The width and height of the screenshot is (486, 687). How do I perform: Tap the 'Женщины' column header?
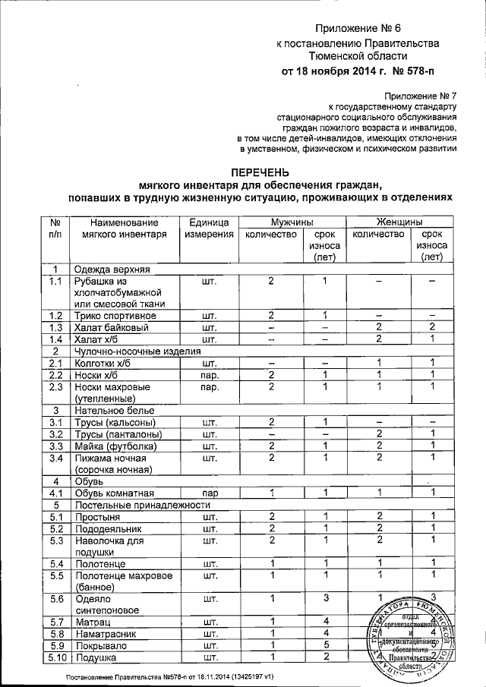tap(400, 222)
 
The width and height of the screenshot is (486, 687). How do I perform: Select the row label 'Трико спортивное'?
tap(114, 316)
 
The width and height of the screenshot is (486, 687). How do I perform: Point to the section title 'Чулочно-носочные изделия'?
tap(137, 351)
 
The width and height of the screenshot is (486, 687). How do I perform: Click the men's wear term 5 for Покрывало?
tap(323, 645)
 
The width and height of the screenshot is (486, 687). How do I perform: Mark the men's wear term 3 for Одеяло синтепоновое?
tap(323, 598)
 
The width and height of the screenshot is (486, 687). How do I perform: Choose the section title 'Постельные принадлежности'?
tap(140, 505)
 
